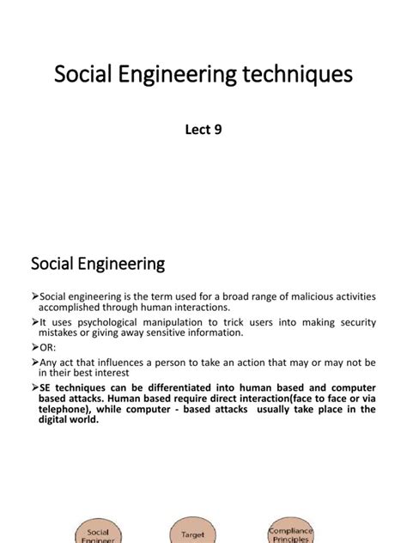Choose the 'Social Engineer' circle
pos(98,533)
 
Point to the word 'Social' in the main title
pos(88,75)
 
